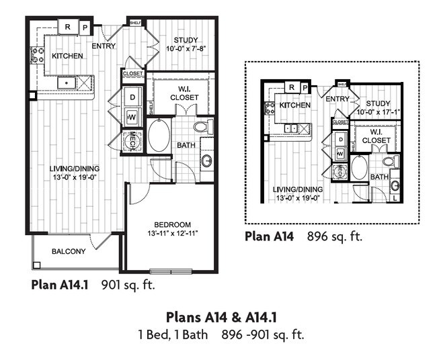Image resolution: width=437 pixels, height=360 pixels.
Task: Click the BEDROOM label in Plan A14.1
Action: pos(172,224)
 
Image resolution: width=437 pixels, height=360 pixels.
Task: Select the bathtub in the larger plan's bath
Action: pos(159,136)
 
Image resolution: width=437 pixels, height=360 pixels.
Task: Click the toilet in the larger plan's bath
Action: pos(202,126)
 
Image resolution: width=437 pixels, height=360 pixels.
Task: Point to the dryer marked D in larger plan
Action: pos(132,96)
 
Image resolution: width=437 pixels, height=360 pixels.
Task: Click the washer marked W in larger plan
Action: pos(132,118)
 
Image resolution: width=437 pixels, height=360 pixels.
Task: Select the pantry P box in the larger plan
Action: pos(85,27)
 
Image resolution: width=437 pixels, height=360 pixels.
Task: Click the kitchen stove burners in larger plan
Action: pos(36,56)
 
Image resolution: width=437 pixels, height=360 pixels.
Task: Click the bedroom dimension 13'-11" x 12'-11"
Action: pos(172,234)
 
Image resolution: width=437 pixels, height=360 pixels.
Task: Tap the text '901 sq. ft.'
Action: pos(128,284)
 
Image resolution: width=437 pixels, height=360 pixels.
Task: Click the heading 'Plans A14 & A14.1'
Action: pos(221,316)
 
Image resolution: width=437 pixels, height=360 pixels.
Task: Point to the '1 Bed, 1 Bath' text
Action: pos(174,333)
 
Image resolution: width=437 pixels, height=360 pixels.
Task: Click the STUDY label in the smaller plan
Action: pos(378,103)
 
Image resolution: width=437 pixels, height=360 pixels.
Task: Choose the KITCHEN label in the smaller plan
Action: pos(294,105)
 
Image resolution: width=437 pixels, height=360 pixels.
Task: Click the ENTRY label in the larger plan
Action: pos(105,46)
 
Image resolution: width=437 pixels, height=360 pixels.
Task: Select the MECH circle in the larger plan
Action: pos(132,141)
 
